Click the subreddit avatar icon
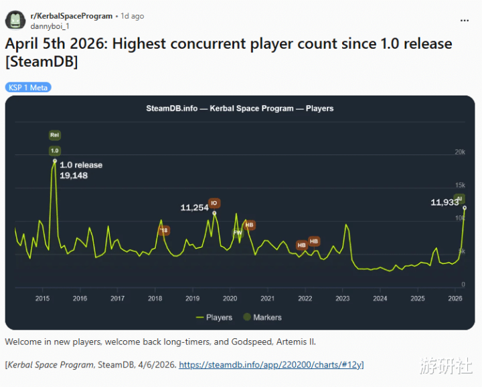click(15, 20)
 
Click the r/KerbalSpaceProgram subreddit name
click(71, 15)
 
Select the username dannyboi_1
click(50, 26)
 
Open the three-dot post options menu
click(464, 20)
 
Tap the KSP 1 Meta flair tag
click(28, 88)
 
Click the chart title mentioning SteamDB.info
click(240, 108)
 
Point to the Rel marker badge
click(55, 135)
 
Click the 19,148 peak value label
click(74, 176)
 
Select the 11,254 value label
click(195, 208)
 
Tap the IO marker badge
click(214, 203)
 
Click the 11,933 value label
click(445, 202)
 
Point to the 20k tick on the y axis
click(460, 152)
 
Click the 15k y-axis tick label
click(460, 185)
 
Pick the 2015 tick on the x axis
click(42, 298)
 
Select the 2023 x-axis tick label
click(343, 298)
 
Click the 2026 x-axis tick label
click(455, 298)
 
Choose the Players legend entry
click(214, 317)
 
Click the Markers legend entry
click(262, 317)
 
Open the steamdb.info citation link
click(270, 365)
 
